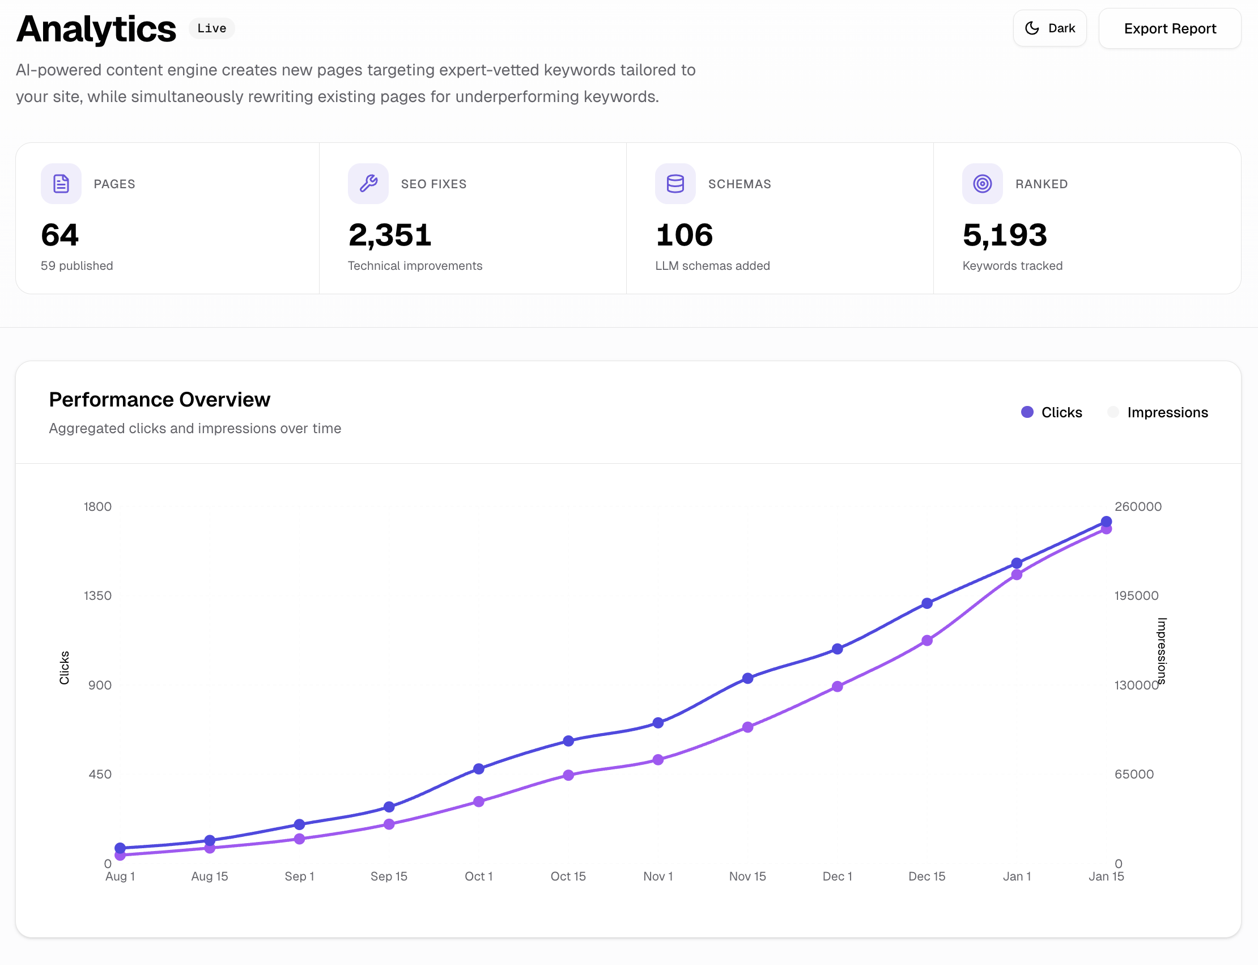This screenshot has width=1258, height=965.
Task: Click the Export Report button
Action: click(x=1169, y=29)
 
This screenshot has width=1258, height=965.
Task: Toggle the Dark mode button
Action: click(x=1049, y=28)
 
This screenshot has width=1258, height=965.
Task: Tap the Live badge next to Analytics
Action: click(x=211, y=28)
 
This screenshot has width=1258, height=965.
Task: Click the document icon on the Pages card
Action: click(x=61, y=184)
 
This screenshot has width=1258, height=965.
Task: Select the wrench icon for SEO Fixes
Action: click(x=368, y=184)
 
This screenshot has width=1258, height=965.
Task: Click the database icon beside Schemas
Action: click(x=675, y=184)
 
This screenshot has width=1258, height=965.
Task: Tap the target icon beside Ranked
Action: click(x=982, y=184)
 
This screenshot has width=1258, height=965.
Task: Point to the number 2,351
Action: click(x=390, y=235)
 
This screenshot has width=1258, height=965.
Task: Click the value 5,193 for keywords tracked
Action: click(x=1004, y=235)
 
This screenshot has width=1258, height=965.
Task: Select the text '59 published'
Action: click(x=77, y=265)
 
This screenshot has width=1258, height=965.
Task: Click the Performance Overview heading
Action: click(x=160, y=399)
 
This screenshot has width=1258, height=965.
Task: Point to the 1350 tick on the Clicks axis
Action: click(x=97, y=596)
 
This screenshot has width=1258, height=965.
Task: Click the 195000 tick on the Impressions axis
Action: click(x=1136, y=596)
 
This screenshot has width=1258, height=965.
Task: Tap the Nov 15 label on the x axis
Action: click(x=747, y=876)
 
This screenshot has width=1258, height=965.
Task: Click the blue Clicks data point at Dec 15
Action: click(x=926, y=603)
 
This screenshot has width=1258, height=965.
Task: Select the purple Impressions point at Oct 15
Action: click(x=568, y=775)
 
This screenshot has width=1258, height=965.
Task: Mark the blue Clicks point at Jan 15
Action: click(x=1106, y=522)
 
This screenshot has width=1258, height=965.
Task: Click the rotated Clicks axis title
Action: click(x=64, y=667)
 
